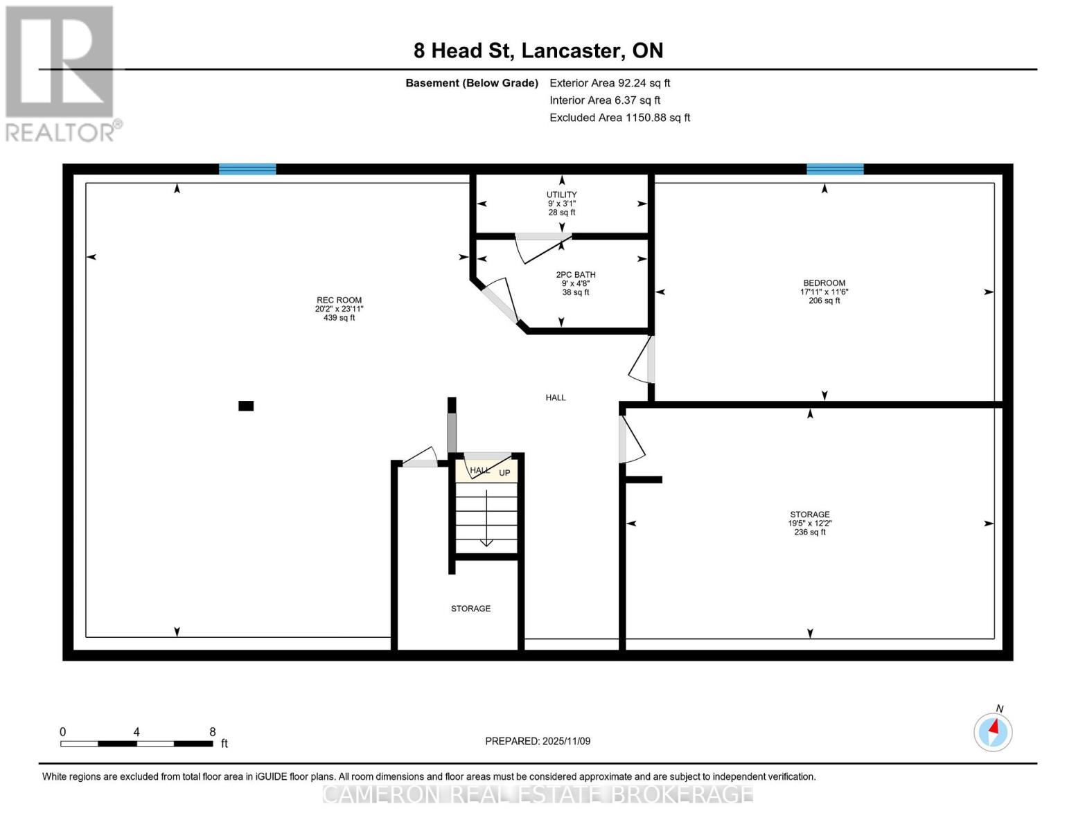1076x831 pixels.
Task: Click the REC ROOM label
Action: (339, 301)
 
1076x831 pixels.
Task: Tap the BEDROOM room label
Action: (824, 283)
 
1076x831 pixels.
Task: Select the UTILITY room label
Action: (561, 195)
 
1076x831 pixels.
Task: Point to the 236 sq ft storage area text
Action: (809, 533)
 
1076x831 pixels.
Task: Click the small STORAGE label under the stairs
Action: (470, 609)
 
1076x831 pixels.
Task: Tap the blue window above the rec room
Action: (247, 169)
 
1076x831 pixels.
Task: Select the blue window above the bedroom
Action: (835, 169)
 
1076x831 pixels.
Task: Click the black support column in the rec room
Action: (246, 406)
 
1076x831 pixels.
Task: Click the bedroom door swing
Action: (642, 360)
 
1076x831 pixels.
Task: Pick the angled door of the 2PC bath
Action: (500, 301)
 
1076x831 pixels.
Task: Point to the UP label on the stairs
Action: (504, 473)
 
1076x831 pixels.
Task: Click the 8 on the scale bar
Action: (213, 732)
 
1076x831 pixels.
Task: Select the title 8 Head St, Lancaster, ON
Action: (538, 51)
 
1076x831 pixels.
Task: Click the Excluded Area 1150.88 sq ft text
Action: (619, 118)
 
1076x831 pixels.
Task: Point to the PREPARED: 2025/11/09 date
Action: (538, 741)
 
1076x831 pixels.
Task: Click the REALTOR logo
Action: (62, 73)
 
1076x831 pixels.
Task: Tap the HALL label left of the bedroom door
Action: (555, 397)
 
